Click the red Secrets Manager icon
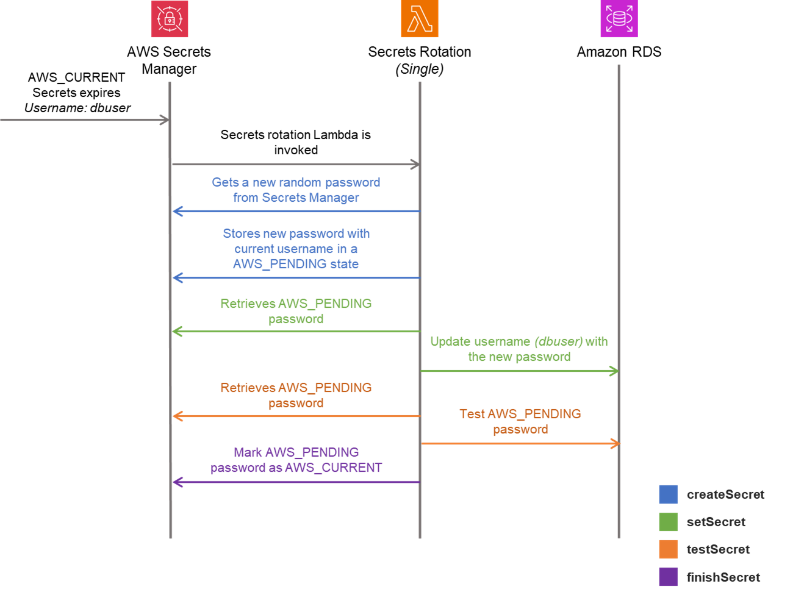[170, 19]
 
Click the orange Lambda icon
[419, 19]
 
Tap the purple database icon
[619, 19]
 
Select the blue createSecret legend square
[668, 494]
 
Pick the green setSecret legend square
[668, 522]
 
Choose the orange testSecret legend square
[668, 549]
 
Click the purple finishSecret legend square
[668, 577]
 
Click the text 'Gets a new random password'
[296, 182]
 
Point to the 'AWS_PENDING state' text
[296, 264]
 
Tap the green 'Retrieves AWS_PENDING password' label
[296, 311]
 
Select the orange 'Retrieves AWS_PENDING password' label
[296, 395]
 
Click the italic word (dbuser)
[558, 341]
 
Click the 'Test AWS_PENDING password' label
[520, 421]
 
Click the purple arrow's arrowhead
[177, 482]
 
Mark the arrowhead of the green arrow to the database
[614, 371]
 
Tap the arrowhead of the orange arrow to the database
[615, 443]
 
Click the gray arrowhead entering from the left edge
[165, 120]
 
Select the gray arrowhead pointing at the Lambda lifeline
[414, 164]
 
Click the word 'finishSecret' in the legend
[723, 577]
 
